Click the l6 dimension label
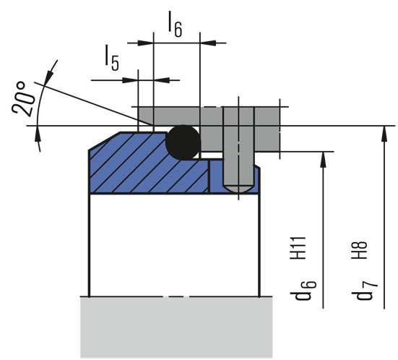coord(175,24)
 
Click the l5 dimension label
coord(112,58)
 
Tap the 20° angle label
coord(22,98)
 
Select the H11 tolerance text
coord(298,248)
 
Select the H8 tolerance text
coord(359,250)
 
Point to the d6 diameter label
coord(303,290)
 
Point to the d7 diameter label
coord(365,291)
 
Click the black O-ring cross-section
coord(183,142)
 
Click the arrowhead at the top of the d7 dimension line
coord(384,133)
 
